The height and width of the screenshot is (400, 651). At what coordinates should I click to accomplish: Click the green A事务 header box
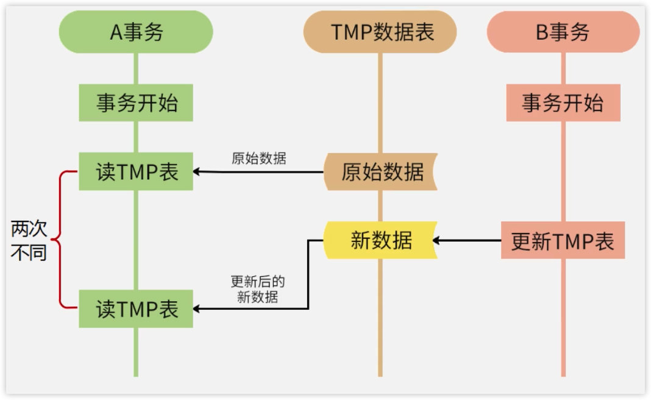pos(136,32)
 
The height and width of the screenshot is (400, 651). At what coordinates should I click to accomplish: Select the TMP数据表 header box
pos(380,32)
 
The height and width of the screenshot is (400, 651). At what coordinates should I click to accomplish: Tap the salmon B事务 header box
pos(563,32)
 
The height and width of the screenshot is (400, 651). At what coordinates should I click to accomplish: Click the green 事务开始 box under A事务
pos(136,102)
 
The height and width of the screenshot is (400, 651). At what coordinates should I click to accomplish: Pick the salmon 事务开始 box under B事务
pos(563,102)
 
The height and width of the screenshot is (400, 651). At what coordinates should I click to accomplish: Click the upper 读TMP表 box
pos(136,172)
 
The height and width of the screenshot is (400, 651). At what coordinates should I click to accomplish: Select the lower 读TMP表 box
pos(136,309)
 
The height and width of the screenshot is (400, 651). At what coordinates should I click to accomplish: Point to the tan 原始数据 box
pos(380,172)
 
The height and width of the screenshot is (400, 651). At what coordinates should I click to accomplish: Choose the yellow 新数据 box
pos(380,240)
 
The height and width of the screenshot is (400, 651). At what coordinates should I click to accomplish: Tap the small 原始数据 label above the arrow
pos(258,159)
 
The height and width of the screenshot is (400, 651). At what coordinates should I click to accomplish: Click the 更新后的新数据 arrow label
pos(258,290)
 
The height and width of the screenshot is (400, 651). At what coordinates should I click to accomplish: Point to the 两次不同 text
pos(29,241)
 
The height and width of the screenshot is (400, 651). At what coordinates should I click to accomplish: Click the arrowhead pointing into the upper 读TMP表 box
pos(198,172)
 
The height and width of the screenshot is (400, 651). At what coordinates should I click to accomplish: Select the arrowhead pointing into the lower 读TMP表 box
pos(198,309)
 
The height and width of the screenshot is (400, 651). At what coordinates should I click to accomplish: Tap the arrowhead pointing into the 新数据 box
pos(438,240)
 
